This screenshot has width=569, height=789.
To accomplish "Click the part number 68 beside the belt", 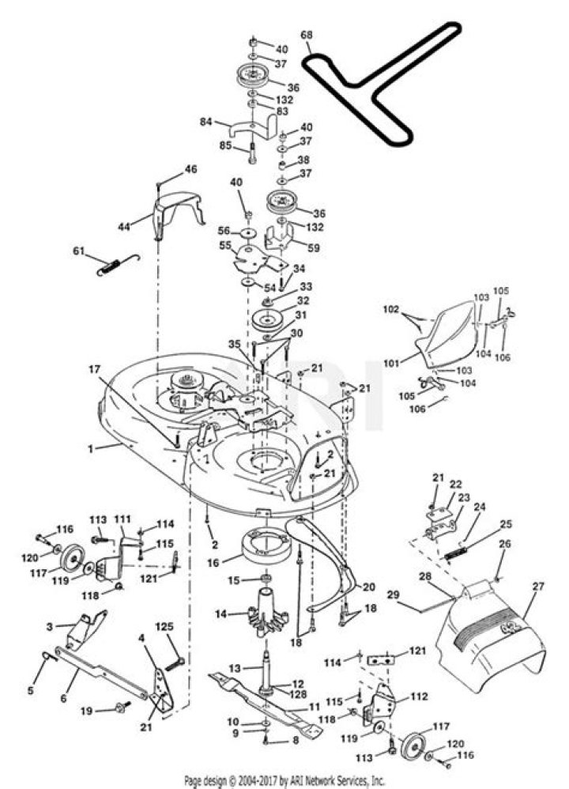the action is click(307, 36).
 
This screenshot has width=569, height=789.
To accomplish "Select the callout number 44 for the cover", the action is click(124, 227).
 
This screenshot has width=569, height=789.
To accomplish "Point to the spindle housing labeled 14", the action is click(269, 610).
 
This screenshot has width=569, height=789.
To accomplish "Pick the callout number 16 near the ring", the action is click(214, 562).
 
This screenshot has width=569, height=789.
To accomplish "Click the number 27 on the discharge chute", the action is click(539, 587).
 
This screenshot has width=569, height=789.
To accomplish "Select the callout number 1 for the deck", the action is click(91, 448).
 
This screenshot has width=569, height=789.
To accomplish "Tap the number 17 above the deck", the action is click(95, 369).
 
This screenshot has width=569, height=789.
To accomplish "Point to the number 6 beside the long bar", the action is click(63, 698).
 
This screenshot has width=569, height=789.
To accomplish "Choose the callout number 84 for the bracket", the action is click(206, 122).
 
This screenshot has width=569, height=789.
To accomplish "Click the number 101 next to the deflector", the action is click(393, 362).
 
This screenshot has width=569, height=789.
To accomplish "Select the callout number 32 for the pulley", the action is click(303, 301).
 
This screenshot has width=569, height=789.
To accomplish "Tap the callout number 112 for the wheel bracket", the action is click(419, 697).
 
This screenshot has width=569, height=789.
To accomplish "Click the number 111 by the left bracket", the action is click(122, 519).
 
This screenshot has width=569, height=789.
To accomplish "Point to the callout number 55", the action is click(225, 246).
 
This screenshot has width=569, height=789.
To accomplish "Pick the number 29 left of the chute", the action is click(393, 595).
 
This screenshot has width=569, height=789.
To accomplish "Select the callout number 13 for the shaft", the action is click(235, 668).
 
